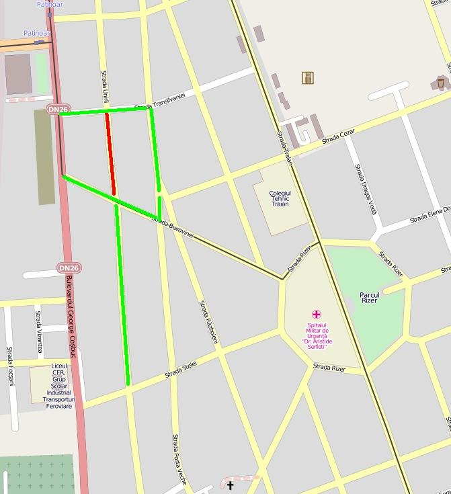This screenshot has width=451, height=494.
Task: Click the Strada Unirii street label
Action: pyautogui.click(x=104, y=86)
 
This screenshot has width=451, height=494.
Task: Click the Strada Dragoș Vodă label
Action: pyautogui.click(x=366, y=189)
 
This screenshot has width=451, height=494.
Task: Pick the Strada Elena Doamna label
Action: pyautogui.click(x=430, y=214)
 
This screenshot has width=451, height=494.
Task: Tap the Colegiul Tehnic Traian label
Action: pyautogui.click(x=279, y=198)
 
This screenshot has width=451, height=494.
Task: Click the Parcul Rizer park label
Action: pyautogui.click(x=370, y=297)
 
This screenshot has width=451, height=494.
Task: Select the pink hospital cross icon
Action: pyautogui.click(x=316, y=314)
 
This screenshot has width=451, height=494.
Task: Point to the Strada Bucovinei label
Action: pyautogui.click(x=173, y=228)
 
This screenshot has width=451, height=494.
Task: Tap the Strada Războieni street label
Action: pyautogui.click(x=208, y=321)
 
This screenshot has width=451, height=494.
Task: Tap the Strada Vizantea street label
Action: pyautogui.click(x=38, y=331)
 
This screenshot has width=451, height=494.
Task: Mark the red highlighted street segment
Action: pyautogui.click(x=110, y=154)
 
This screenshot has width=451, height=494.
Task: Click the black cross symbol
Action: pyautogui.click(x=230, y=485)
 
